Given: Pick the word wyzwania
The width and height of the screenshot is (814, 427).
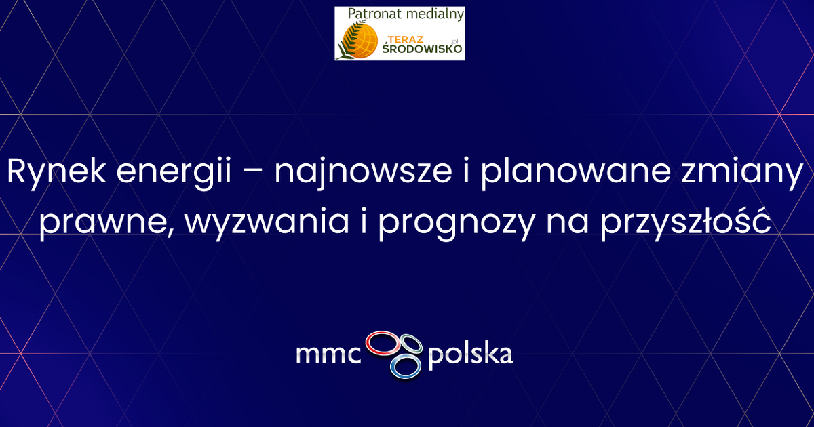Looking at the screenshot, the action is [267, 222].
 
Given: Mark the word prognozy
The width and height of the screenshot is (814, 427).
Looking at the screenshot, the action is [457, 223].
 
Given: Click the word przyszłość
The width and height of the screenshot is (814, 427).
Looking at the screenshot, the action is [685, 222].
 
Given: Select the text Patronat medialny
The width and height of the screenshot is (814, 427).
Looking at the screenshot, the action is [406, 14].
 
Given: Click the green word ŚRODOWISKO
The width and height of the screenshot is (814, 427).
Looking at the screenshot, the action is [422, 49].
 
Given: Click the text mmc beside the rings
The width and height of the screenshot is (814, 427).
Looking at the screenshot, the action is [328, 354].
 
